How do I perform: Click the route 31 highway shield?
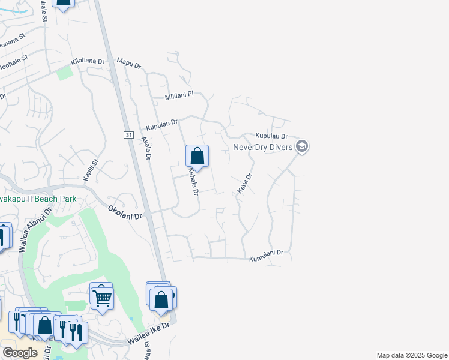pos(129,135)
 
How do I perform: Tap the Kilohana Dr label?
pos(88,62)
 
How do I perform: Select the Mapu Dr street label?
pos(128,63)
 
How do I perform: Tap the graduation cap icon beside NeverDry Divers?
pos(302,146)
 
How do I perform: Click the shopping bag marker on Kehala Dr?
pos(197,157)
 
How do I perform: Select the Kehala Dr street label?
pos(193,181)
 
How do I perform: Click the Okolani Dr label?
pos(125,212)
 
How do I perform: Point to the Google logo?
pos(20,353)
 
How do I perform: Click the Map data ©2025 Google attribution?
pos(411,355)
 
